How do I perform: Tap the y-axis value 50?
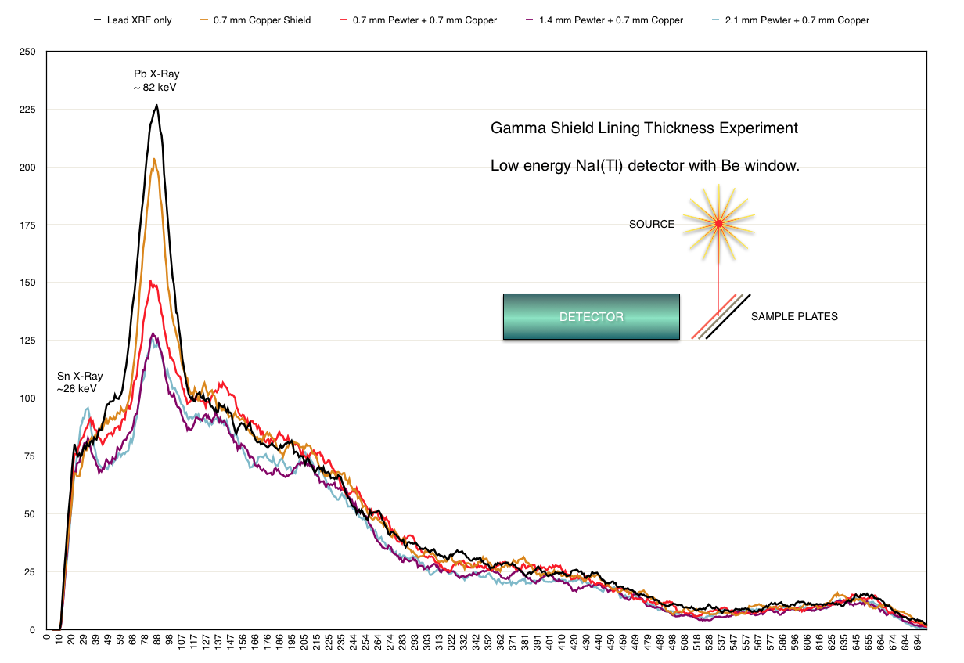[30, 514]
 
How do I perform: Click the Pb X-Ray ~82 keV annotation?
[156, 81]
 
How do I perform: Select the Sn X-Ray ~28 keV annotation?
[80, 382]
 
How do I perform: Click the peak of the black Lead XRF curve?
[156, 106]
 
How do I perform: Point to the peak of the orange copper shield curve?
[154, 160]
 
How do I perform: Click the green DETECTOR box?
[591, 317]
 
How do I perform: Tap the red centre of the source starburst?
[718, 225]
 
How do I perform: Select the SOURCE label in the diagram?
[651, 225]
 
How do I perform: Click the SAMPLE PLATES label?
[793, 317]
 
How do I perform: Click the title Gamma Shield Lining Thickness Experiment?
[644, 128]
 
